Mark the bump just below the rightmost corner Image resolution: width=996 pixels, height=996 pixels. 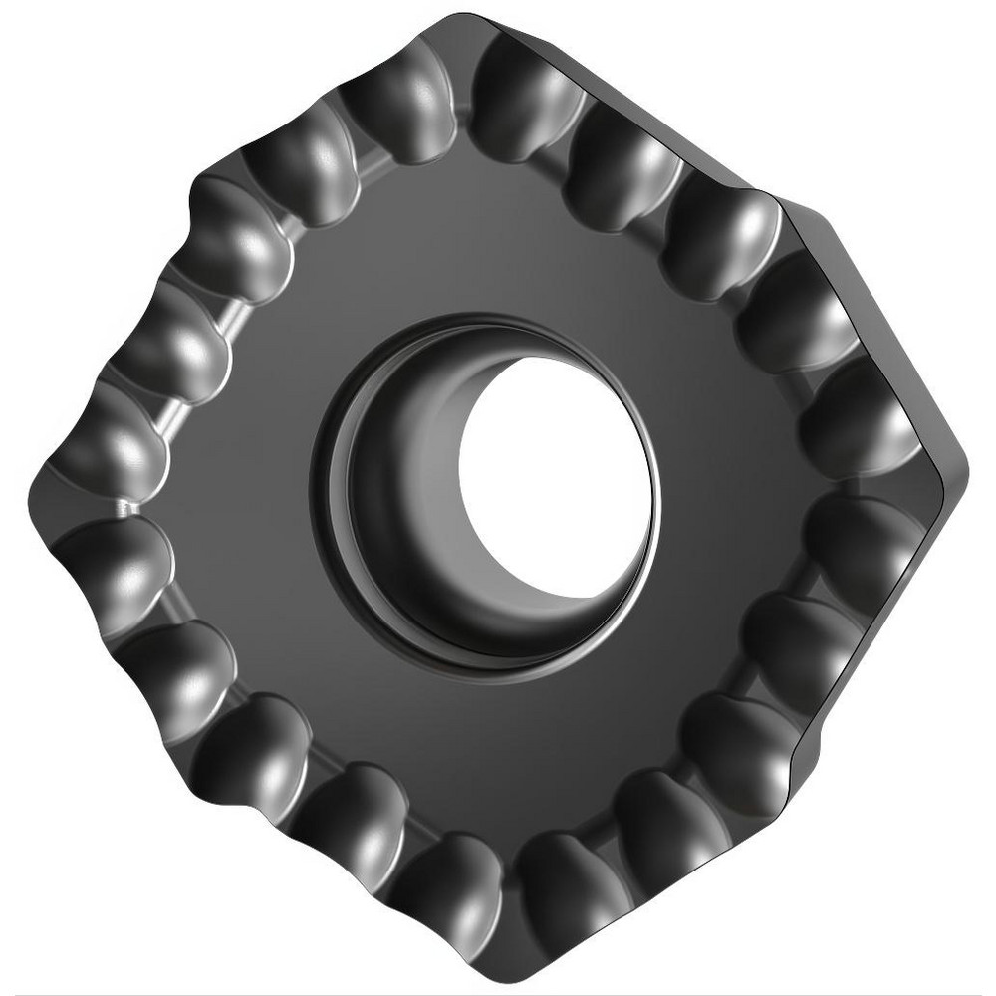point(857,538)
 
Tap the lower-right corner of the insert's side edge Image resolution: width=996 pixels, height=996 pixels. point(797,767)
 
